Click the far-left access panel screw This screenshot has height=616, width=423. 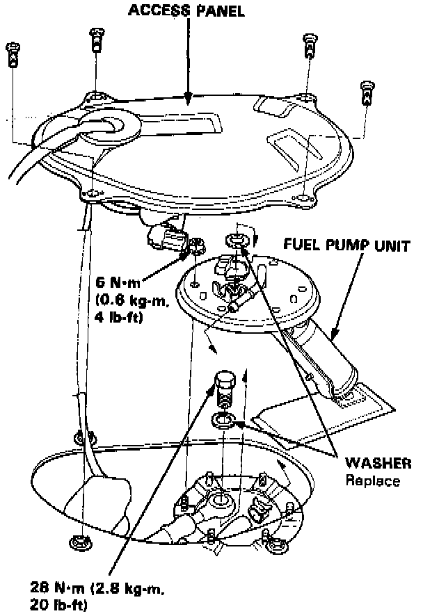(x=13, y=54)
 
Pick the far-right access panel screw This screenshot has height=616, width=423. (x=367, y=93)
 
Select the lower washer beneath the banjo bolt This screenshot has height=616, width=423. (x=221, y=419)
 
